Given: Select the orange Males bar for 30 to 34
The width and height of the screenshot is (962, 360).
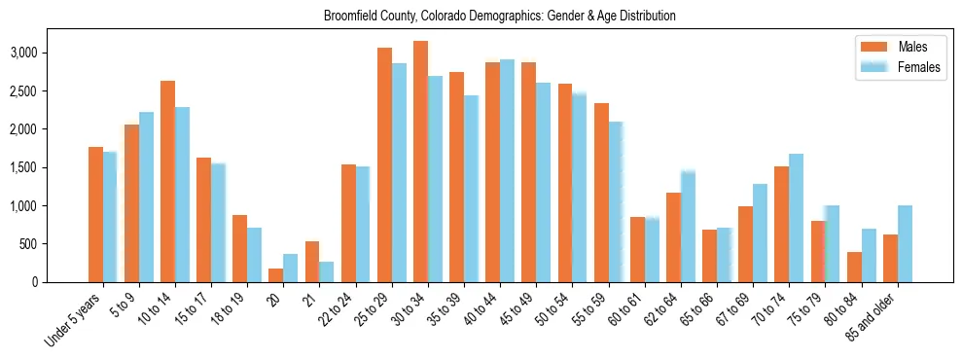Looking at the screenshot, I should [x=420, y=162].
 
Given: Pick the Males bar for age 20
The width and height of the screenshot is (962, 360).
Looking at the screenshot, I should [x=275, y=275].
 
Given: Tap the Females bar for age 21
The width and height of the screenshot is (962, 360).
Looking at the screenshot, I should [x=327, y=271].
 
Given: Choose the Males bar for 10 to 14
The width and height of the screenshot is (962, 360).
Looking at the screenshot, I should [x=167, y=182].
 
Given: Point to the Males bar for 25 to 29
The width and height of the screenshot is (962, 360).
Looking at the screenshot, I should [x=384, y=165].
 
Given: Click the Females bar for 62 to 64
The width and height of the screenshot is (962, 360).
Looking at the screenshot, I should [x=688, y=226].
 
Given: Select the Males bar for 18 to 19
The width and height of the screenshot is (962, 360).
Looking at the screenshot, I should [x=239, y=248].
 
